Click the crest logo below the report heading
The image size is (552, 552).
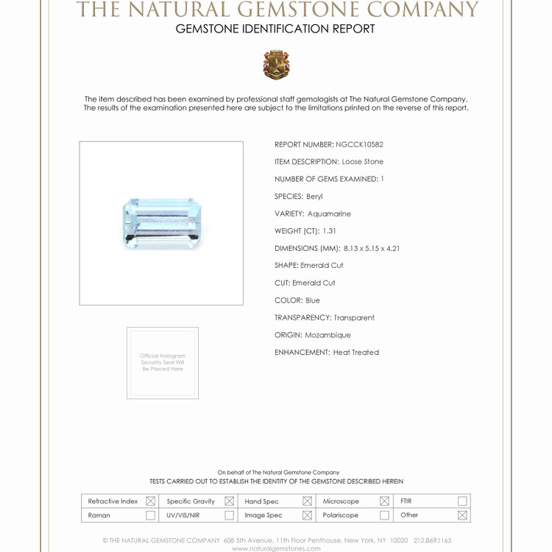[276, 65]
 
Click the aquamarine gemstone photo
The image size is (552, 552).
[161, 223]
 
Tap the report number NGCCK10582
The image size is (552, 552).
[359, 145]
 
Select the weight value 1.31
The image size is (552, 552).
[329, 231]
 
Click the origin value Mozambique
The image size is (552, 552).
[328, 335]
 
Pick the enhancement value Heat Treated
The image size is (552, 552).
[355, 353]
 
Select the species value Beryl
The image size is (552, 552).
[314, 197]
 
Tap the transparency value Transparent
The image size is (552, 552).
[354, 318]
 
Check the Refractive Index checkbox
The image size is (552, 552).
[151, 501]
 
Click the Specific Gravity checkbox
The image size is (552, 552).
[229, 501]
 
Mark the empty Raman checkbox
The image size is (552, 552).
[151, 515]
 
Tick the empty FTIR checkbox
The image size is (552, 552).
[462, 501]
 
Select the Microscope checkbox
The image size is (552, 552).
[384, 501]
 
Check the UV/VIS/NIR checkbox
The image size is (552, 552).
[229, 515]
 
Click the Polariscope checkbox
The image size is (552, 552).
[384, 515]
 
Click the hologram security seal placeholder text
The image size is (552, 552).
[163, 363]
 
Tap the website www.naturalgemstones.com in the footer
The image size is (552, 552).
[276, 548]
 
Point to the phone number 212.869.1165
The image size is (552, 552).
[433, 540]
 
